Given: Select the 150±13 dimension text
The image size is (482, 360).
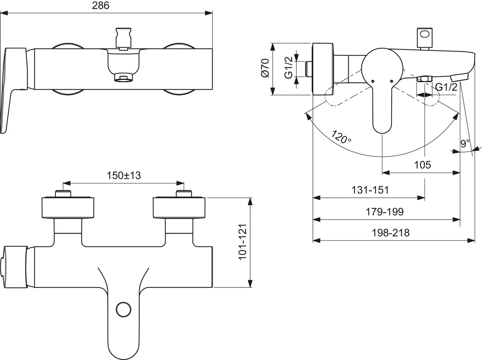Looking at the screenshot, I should pos(124,175).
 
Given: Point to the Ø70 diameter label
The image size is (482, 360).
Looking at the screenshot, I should pos(264,68).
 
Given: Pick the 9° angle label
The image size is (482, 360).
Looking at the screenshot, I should pos(465,143).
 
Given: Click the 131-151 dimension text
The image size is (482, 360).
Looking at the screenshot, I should pos(370,190).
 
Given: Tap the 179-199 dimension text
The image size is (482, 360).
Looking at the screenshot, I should pos(385,212).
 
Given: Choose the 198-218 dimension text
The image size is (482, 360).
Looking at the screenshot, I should pos(391,233).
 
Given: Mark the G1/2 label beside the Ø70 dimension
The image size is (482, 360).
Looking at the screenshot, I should pos(288,68).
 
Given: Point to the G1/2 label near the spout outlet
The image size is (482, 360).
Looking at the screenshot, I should pos(446,87).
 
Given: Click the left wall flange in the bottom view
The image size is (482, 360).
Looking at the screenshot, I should pos(69,207).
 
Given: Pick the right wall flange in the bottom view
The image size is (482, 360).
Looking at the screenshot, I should pos(179,207).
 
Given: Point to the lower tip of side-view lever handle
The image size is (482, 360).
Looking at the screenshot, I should pos(382,128).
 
